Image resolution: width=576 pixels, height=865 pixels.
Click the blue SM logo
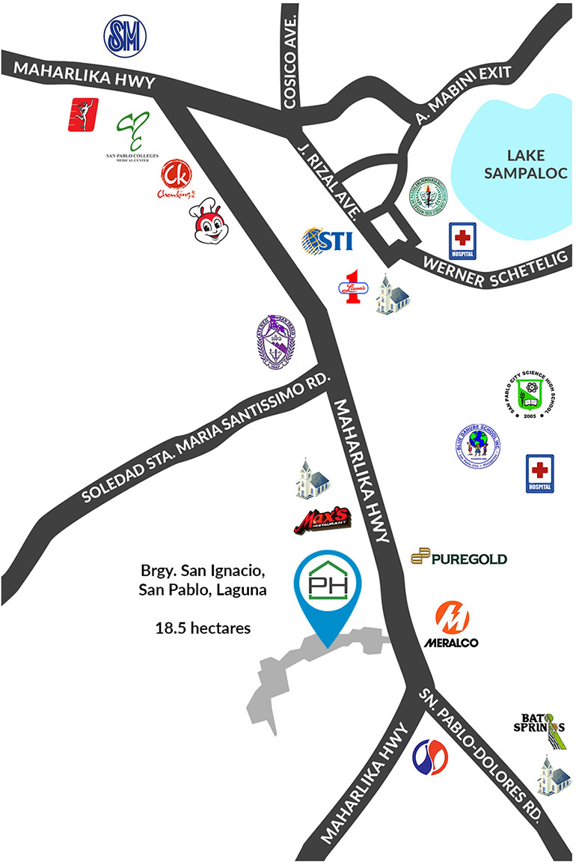tap(125, 36)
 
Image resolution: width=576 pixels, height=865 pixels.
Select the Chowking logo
tap(177, 180)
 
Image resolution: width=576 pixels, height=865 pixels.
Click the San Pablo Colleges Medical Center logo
tap(135, 135)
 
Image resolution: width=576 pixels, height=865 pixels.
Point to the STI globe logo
tap(327, 241)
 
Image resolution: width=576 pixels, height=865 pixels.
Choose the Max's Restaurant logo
tap(322, 520)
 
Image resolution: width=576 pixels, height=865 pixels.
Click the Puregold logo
tap(459, 557)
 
